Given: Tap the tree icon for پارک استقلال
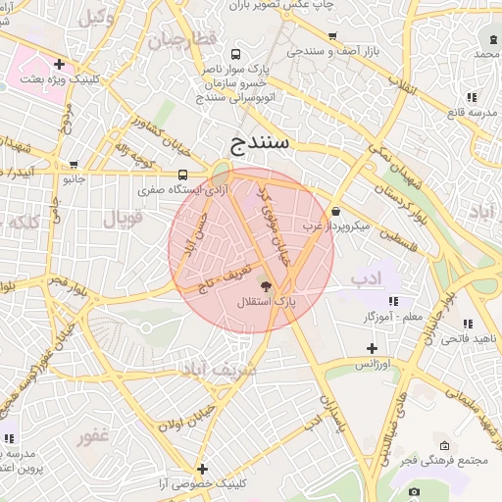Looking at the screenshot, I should pyautogui.click(x=264, y=285).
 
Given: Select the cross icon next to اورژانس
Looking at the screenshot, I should pyautogui.click(x=371, y=348).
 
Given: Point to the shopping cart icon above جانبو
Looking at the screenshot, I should pyautogui.click(x=75, y=165).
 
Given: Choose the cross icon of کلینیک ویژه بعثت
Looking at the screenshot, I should pyautogui.click(x=59, y=64).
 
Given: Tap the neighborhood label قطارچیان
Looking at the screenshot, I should pyautogui.click(x=180, y=41).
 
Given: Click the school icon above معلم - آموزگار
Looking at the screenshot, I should pyautogui.click(x=393, y=301).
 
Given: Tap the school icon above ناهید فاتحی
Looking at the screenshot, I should pyautogui.click(x=468, y=324).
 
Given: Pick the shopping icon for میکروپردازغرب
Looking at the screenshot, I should pyautogui.click(x=336, y=211).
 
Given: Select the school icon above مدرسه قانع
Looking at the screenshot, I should pyautogui.click(x=472, y=97).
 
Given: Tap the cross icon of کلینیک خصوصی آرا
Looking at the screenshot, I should pyautogui.click(x=202, y=469).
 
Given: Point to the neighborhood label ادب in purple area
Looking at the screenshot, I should pyautogui.click(x=366, y=279).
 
